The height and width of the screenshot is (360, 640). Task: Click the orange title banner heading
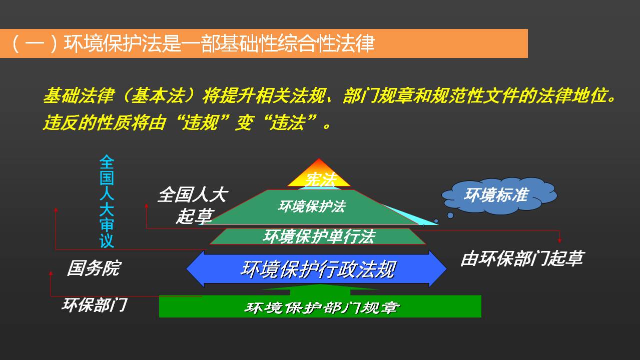(263, 43)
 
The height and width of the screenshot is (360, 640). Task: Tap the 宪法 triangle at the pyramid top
(319, 174)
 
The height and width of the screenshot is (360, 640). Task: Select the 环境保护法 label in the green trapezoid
(312, 206)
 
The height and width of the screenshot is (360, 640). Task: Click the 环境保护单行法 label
(319, 236)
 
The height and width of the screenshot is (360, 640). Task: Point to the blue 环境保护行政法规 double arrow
(316, 269)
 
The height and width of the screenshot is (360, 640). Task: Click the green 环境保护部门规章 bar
(320, 306)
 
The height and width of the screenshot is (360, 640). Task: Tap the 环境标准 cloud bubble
(499, 195)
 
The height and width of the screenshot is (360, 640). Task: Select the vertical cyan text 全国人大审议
(107, 201)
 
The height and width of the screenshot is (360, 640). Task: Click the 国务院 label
(94, 268)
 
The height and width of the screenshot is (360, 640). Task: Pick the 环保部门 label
(94, 305)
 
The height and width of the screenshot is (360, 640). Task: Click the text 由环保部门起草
(522, 258)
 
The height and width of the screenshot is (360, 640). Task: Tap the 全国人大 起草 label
(193, 205)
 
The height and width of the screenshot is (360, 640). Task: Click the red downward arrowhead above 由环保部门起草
(559, 241)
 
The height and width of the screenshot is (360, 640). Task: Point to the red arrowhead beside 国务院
(51, 273)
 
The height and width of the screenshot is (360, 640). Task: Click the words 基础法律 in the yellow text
(79, 95)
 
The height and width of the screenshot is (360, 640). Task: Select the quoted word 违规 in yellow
(201, 123)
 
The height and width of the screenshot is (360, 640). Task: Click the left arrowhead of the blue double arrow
(196, 269)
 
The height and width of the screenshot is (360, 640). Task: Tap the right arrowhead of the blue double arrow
(438, 269)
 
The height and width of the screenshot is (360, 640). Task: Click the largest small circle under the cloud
(450, 215)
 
